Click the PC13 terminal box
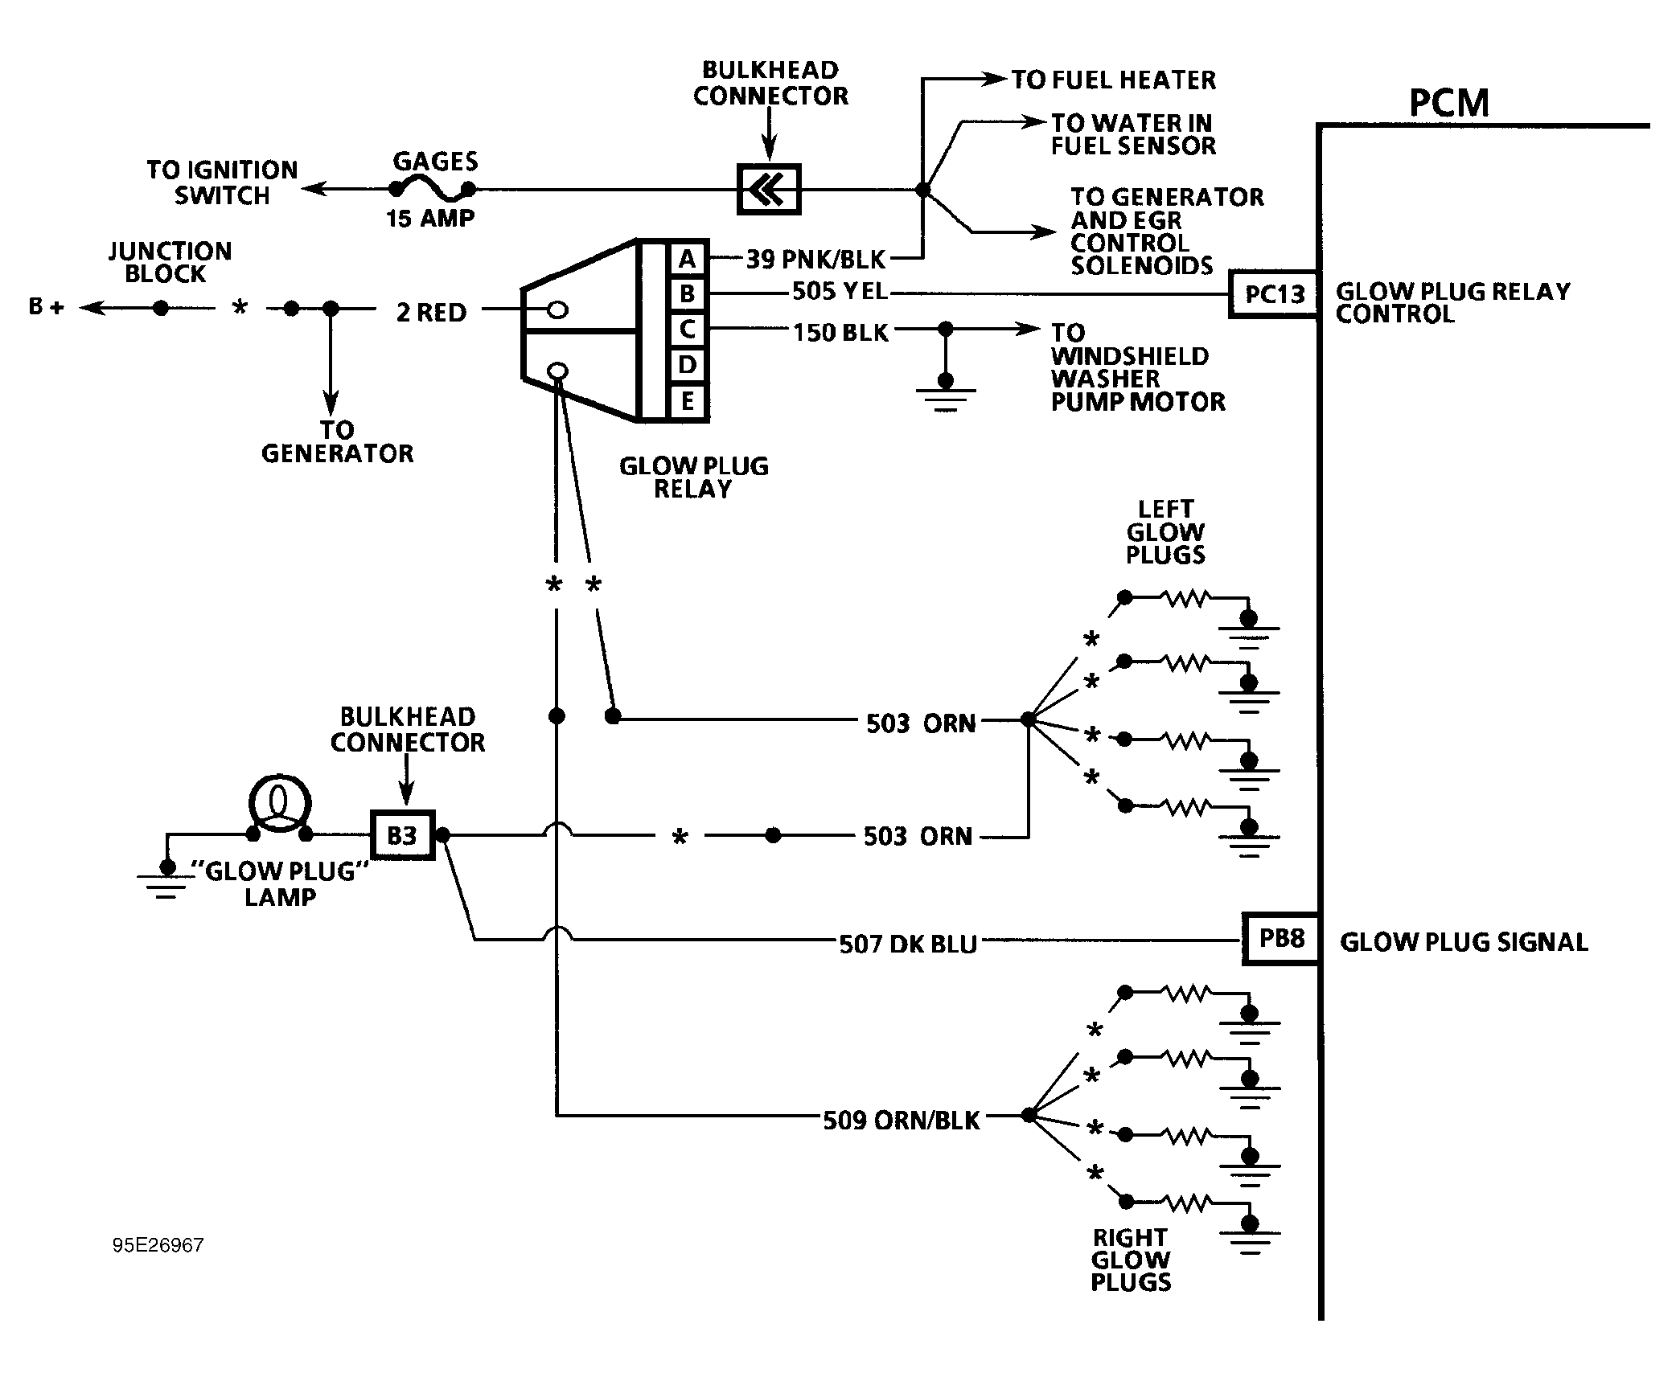1274,295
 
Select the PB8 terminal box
1281,939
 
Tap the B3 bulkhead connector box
402,835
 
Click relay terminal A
687,259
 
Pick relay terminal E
687,400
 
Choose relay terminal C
687,330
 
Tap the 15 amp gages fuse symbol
432,190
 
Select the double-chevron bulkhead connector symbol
769,190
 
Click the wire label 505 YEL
840,291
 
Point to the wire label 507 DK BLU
908,944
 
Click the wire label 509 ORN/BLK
902,1121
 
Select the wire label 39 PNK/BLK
815,260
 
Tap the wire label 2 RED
431,313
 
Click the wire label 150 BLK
840,333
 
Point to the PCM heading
1449,104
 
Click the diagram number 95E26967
158,1245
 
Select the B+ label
46,307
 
